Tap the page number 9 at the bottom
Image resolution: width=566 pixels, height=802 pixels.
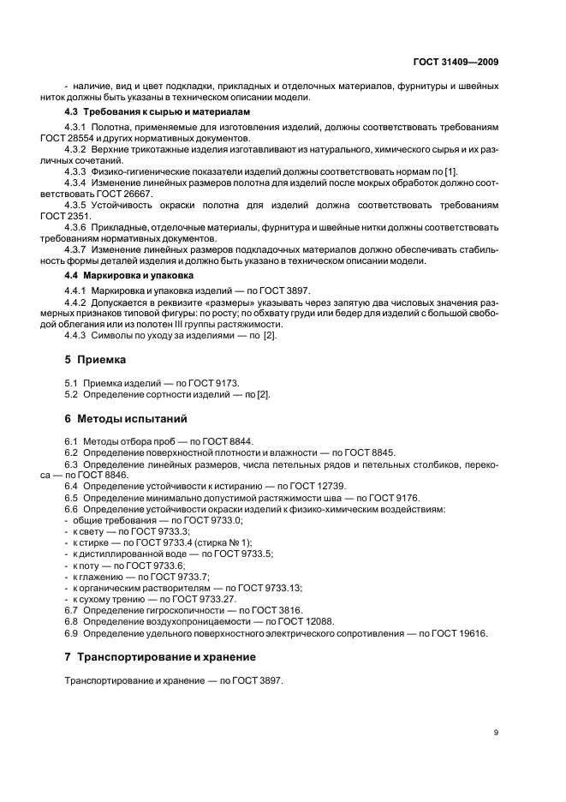tap(497, 732)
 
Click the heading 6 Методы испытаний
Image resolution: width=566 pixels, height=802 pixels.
tap(126, 419)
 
